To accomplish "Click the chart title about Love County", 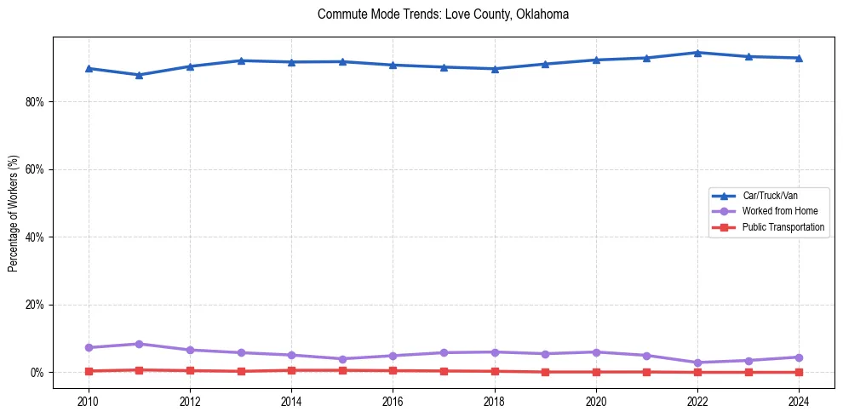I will pos(443,14).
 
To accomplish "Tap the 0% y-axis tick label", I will pos(37,373).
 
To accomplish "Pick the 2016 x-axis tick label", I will pos(393,401).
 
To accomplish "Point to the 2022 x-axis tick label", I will pos(697,401).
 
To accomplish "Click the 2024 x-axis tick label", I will pos(799,401).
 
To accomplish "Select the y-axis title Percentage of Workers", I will pos(14,213).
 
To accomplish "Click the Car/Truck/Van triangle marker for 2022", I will pos(697,53).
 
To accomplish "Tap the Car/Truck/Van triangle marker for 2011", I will pos(140,75).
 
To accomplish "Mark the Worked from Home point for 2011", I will pos(140,344).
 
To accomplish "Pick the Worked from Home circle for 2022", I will pos(697,363).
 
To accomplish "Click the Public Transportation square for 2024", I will pos(799,372).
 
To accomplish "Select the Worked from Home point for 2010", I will pos(89,347).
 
